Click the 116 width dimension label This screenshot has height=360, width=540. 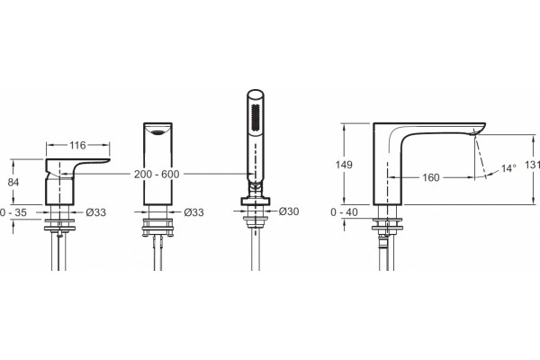click(x=77, y=146)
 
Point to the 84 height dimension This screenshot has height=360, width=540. click(x=13, y=182)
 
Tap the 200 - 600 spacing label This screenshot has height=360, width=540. click(x=157, y=175)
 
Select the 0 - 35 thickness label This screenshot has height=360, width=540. click(x=13, y=212)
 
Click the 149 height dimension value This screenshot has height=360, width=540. click(x=344, y=165)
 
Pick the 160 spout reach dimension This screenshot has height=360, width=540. click(x=431, y=177)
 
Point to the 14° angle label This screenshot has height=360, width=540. click(x=508, y=168)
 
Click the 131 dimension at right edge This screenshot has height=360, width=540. click(x=533, y=165)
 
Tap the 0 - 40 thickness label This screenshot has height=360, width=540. click(x=344, y=212)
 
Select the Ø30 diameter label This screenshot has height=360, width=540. click(x=289, y=211)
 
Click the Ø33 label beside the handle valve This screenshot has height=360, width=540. click(x=95, y=212)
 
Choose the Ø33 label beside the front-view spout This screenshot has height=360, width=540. click(x=193, y=212)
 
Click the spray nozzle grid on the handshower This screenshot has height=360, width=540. click(x=256, y=117)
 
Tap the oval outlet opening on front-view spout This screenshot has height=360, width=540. click(x=158, y=132)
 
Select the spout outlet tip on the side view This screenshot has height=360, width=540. click(x=475, y=132)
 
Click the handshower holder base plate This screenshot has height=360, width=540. click(x=256, y=202)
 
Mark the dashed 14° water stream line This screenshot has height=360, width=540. click(x=481, y=156)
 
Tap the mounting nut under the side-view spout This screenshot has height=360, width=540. click(x=387, y=228)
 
